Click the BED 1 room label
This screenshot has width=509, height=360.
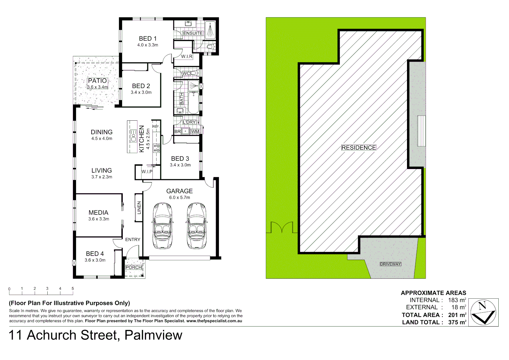tap(148, 39)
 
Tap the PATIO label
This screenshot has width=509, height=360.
tap(97, 81)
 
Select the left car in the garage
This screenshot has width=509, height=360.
tap(162, 226)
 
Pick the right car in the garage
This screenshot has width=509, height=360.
tap(197, 226)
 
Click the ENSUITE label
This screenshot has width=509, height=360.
tap(193, 33)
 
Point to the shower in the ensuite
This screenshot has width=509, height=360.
tap(210, 30)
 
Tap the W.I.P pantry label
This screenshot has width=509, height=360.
tap(147, 172)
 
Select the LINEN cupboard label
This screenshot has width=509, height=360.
tap(139, 208)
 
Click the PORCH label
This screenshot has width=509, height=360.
tap(134, 267)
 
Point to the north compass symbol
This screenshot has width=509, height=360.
tap(483, 312)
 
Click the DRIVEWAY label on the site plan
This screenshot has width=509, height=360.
tap(390, 264)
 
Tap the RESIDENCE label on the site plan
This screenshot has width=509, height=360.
tap(359, 148)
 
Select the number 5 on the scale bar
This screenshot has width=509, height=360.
tap(73, 289)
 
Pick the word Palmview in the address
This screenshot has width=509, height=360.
tap(153, 335)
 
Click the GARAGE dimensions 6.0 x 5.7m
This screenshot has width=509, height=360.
tap(179, 197)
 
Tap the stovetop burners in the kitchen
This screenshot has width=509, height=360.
tap(156, 148)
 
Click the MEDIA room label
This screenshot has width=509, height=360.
tap(98, 213)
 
